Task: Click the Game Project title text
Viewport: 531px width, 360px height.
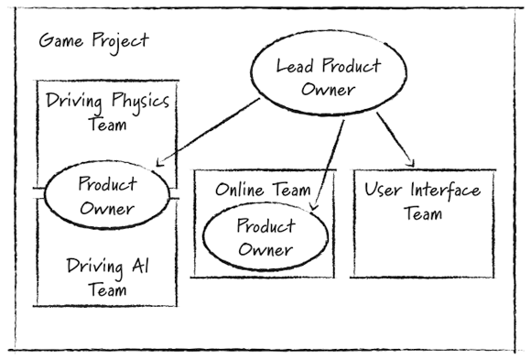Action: click(92, 42)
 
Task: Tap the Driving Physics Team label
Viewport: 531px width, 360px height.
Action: click(108, 113)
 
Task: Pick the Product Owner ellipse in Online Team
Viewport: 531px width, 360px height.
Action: click(265, 237)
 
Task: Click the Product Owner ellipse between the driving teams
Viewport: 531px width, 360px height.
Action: click(108, 195)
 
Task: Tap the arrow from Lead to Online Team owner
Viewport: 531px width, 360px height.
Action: click(331, 160)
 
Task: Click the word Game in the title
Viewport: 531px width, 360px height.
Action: click(59, 42)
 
